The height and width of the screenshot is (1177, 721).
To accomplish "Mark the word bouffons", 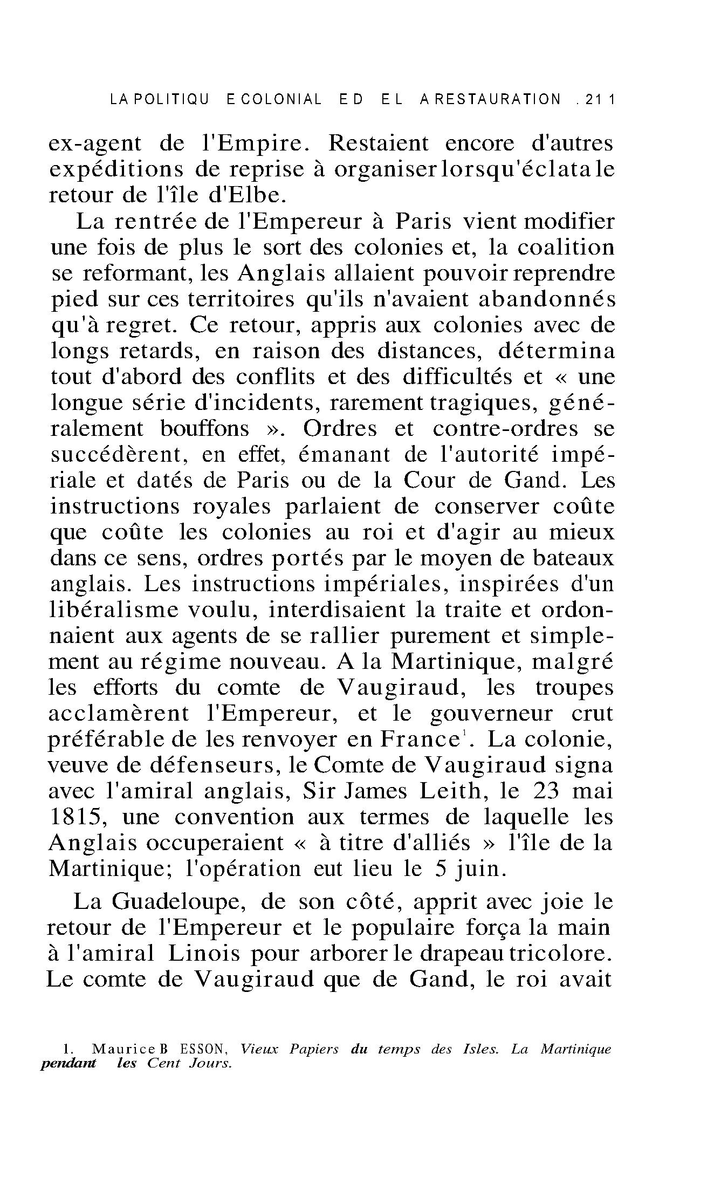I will pos(205,429).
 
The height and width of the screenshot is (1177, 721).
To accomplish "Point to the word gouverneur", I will pos(491,714).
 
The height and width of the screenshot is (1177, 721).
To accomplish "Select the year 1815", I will pos(76,817).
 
